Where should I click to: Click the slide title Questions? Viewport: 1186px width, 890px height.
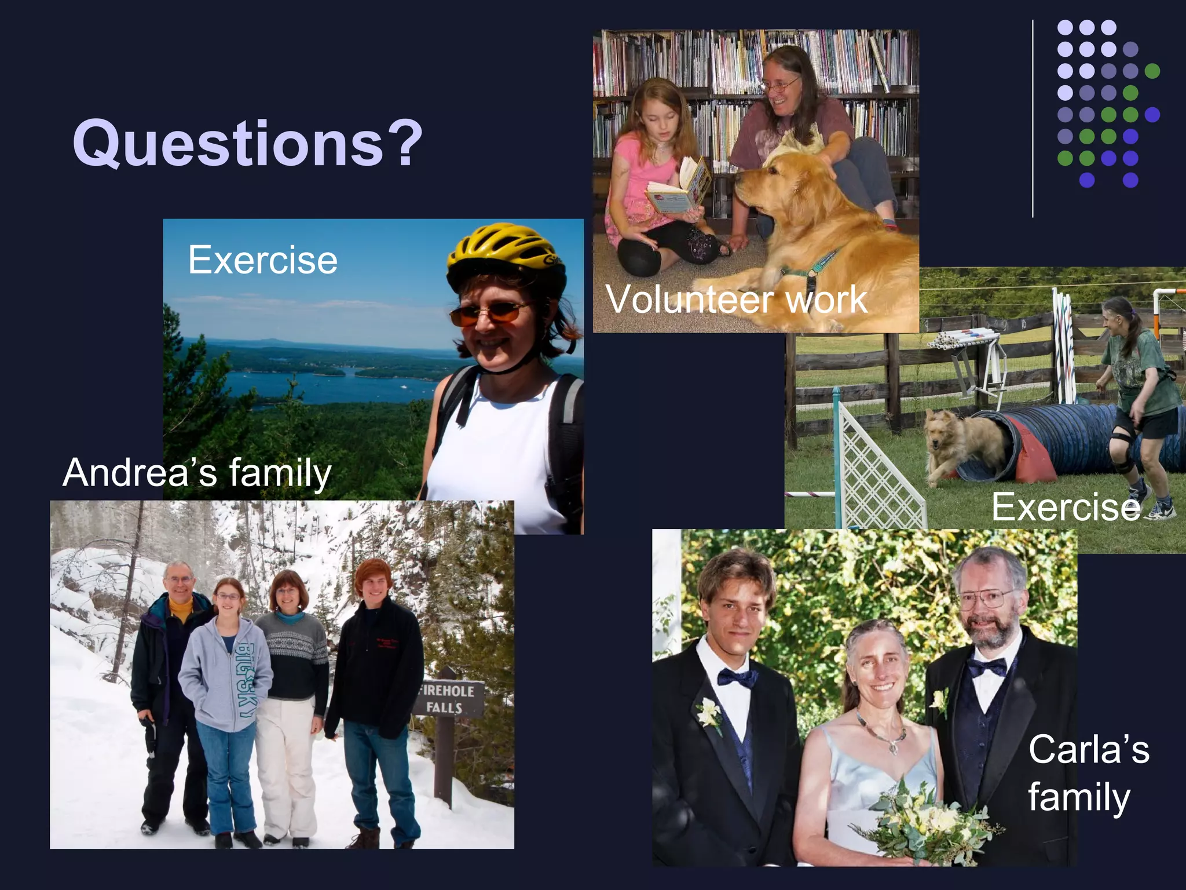[248, 143]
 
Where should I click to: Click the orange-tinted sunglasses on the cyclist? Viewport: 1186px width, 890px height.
[489, 313]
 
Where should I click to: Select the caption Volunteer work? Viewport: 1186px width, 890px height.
[736, 300]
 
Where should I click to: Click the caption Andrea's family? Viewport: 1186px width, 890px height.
[197, 472]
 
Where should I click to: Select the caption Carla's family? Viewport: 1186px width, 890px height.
[1088, 774]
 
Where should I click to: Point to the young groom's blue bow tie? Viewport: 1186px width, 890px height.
[737, 677]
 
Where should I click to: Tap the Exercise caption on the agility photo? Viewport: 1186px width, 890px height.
[1066, 507]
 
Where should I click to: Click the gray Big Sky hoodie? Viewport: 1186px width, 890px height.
[226, 672]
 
